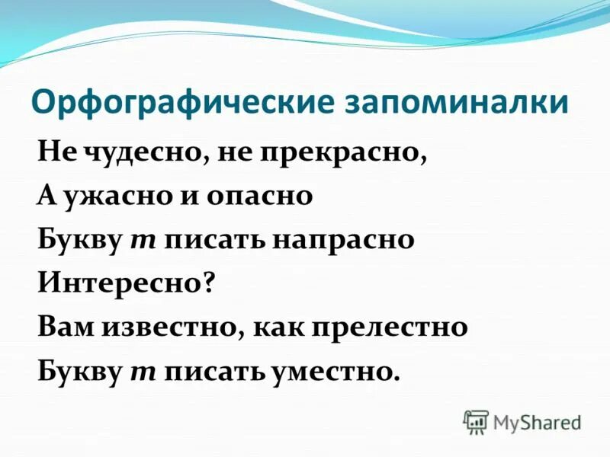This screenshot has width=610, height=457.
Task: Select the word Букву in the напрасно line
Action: [79, 241]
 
